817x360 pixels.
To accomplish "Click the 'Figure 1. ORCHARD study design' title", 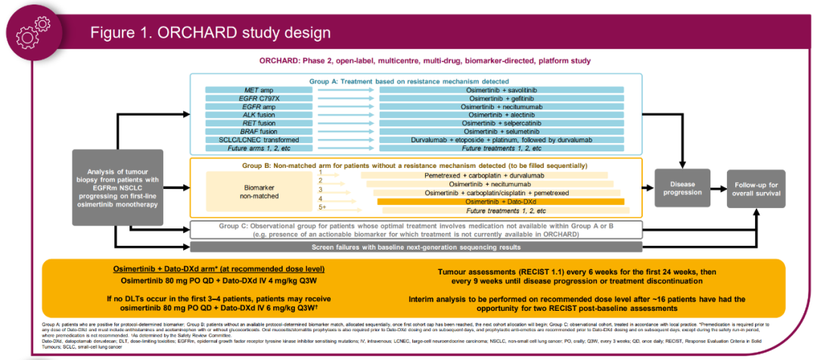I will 210,33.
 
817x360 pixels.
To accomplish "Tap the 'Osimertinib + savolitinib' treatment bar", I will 502,91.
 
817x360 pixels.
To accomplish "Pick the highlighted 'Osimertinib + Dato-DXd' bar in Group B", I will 500,202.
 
